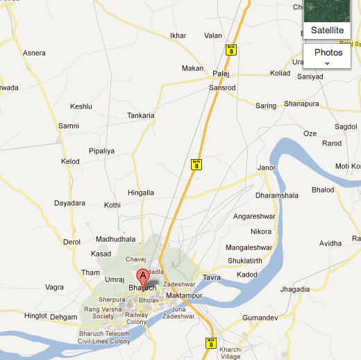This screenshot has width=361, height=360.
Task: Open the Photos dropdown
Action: point(328,56)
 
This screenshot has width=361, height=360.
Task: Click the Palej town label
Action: point(221,72)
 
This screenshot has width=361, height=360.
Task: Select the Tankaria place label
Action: point(141,115)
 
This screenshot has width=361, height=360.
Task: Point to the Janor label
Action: point(267,167)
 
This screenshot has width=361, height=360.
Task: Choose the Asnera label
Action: point(34,53)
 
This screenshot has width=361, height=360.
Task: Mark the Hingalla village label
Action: point(141,193)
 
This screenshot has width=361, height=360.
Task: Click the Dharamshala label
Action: point(276,196)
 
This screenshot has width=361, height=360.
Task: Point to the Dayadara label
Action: point(69,203)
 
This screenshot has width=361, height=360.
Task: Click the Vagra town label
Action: point(54,287)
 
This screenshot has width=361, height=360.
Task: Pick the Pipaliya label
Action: point(101,150)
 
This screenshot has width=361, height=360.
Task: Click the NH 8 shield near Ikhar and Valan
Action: point(230,49)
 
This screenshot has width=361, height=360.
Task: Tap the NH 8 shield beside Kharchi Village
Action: point(210,343)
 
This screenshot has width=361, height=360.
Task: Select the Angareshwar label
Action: point(254,216)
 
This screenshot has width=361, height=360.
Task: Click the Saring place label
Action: point(266,106)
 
